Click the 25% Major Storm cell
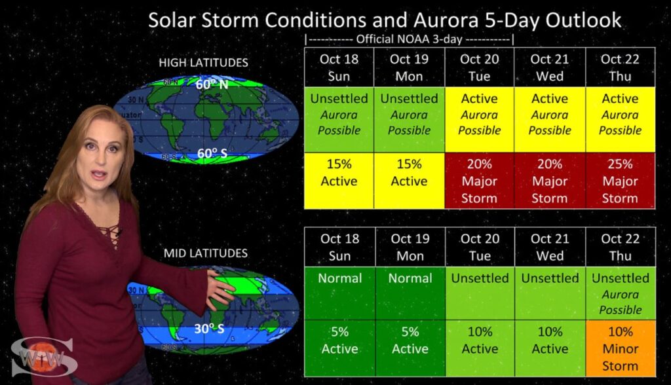coord(620,181)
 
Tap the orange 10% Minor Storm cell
coord(621,348)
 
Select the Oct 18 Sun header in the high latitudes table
coord(339,67)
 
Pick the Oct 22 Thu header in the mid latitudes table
coord(621,247)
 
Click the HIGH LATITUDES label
coord(203,63)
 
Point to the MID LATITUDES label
coord(205,253)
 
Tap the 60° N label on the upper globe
coord(212,84)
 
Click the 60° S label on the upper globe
coord(212,153)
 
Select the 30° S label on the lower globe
coord(209,329)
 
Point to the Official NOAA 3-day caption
coord(409,39)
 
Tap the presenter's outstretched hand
coord(220,289)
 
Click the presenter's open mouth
coord(98,175)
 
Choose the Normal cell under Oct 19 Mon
coord(410,293)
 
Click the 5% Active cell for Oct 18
coord(340,348)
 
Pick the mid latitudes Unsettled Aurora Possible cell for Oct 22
coord(621,293)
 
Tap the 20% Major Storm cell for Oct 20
coord(479,181)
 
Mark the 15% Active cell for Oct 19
coord(409,181)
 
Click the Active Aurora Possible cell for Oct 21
coord(550,120)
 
